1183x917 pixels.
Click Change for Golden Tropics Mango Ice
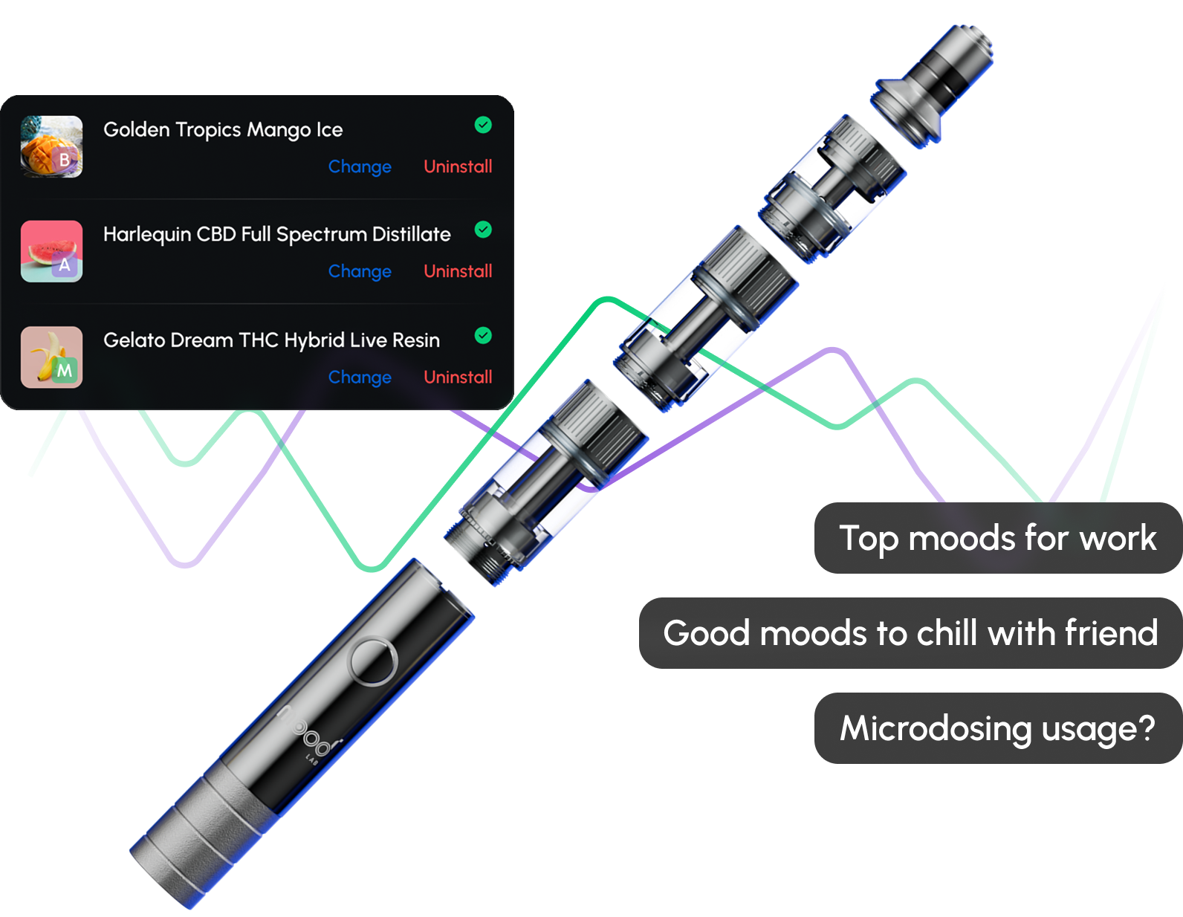point(360,166)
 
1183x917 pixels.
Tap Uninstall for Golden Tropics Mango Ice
point(458,166)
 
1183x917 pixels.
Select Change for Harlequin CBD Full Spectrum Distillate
point(360,271)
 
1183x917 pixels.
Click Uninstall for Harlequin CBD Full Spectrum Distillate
point(458,271)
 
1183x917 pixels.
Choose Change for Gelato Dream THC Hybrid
point(360,377)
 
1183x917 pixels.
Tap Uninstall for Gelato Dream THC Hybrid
point(458,377)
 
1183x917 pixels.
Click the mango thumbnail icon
point(51,146)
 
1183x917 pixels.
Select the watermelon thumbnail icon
point(51,251)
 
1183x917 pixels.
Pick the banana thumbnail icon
point(51,357)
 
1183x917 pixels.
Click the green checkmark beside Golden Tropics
point(483,125)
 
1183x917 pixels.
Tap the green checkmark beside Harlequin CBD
point(483,230)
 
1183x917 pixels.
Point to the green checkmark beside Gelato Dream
point(483,336)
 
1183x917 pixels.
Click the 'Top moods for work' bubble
point(997,538)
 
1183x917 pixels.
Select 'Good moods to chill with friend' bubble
point(910,633)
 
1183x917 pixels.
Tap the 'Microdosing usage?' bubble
point(997,728)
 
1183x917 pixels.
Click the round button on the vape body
point(373,661)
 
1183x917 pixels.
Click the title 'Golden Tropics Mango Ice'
point(223,129)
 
